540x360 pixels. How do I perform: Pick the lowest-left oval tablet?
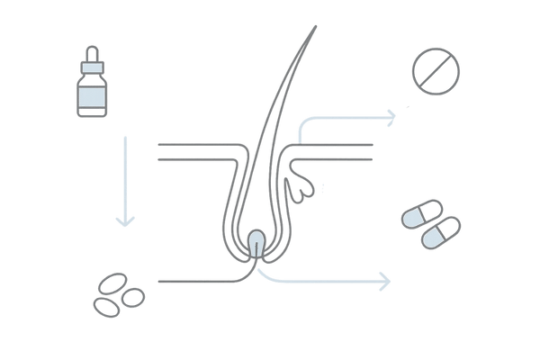(x=107, y=303)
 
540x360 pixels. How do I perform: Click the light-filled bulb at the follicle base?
(x=257, y=242)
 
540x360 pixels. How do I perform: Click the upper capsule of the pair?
(x=420, y=216)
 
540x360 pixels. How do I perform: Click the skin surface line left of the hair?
(x=193, y=144)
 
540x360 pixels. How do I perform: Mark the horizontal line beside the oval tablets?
(x=193, y=282)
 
